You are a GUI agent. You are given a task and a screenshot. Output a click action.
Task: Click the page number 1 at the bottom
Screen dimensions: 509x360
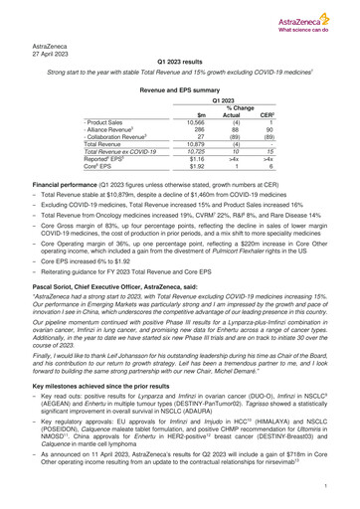327,489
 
